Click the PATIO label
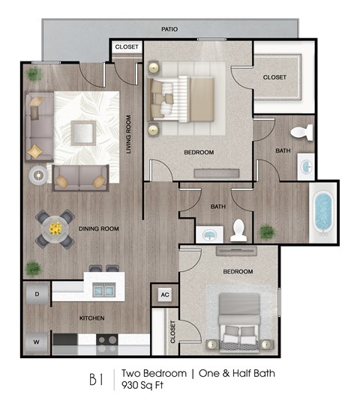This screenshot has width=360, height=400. [169, 29]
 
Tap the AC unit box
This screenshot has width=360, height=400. [165, 294]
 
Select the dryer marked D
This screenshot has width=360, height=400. [37, 294]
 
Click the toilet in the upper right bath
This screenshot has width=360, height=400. [301, 133]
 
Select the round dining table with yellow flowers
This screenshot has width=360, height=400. [55, 227]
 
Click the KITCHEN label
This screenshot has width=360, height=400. [92, 318]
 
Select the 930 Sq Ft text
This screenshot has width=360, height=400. [142, 386]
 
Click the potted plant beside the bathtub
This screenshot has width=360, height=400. [266, 231]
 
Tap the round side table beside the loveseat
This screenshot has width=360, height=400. [37, 175]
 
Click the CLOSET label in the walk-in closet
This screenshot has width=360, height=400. [274, 77]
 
